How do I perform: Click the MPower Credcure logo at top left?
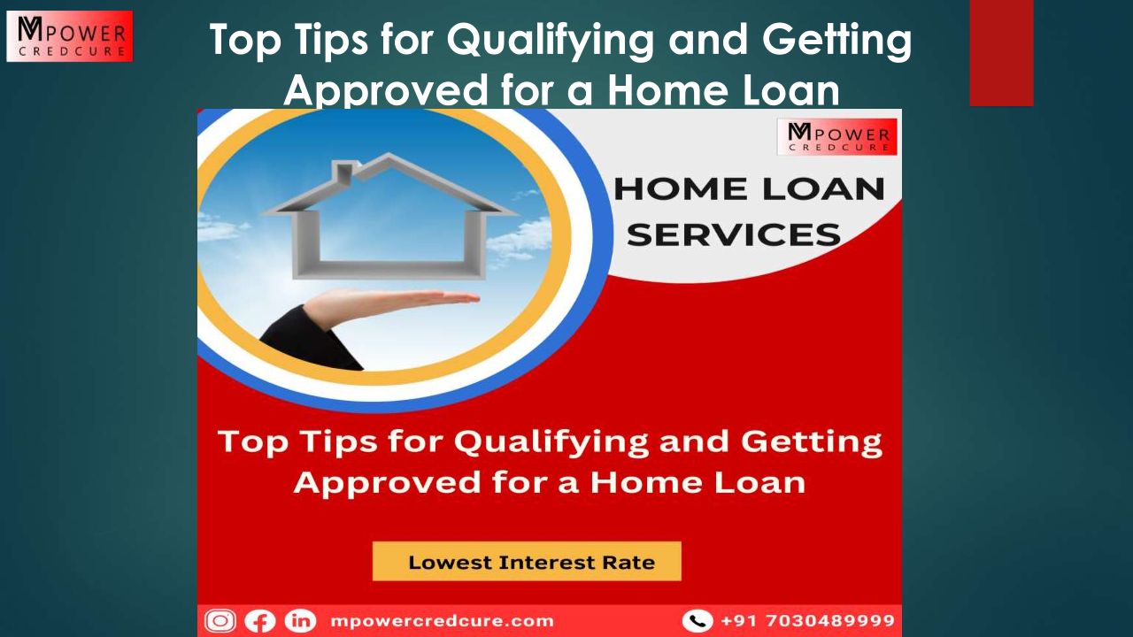pyautogui.click(x=70, y=36)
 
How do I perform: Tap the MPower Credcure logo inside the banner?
pyautogui.click(x=837, y=136)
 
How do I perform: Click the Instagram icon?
pyautogui.click(x=220, y=621)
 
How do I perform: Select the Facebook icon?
pyautogui.click(x=260, y=621)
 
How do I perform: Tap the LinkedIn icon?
pyautogui.click(x=300, y=621)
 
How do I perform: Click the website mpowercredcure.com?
pyautogui.click(x=442, y=621)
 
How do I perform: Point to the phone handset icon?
pyautogui.click(x=698, y=621)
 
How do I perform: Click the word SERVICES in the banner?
pyautogui.click(x=734, y=235)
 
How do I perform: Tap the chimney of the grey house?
pyautogui.click(x=344, y=173)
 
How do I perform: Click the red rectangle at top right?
pyautogui.click(x=1001, y=53)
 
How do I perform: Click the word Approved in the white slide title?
pyautogui.click(x=386, y=91)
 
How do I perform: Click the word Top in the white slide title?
pyautogui.click(x=245, y=41)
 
